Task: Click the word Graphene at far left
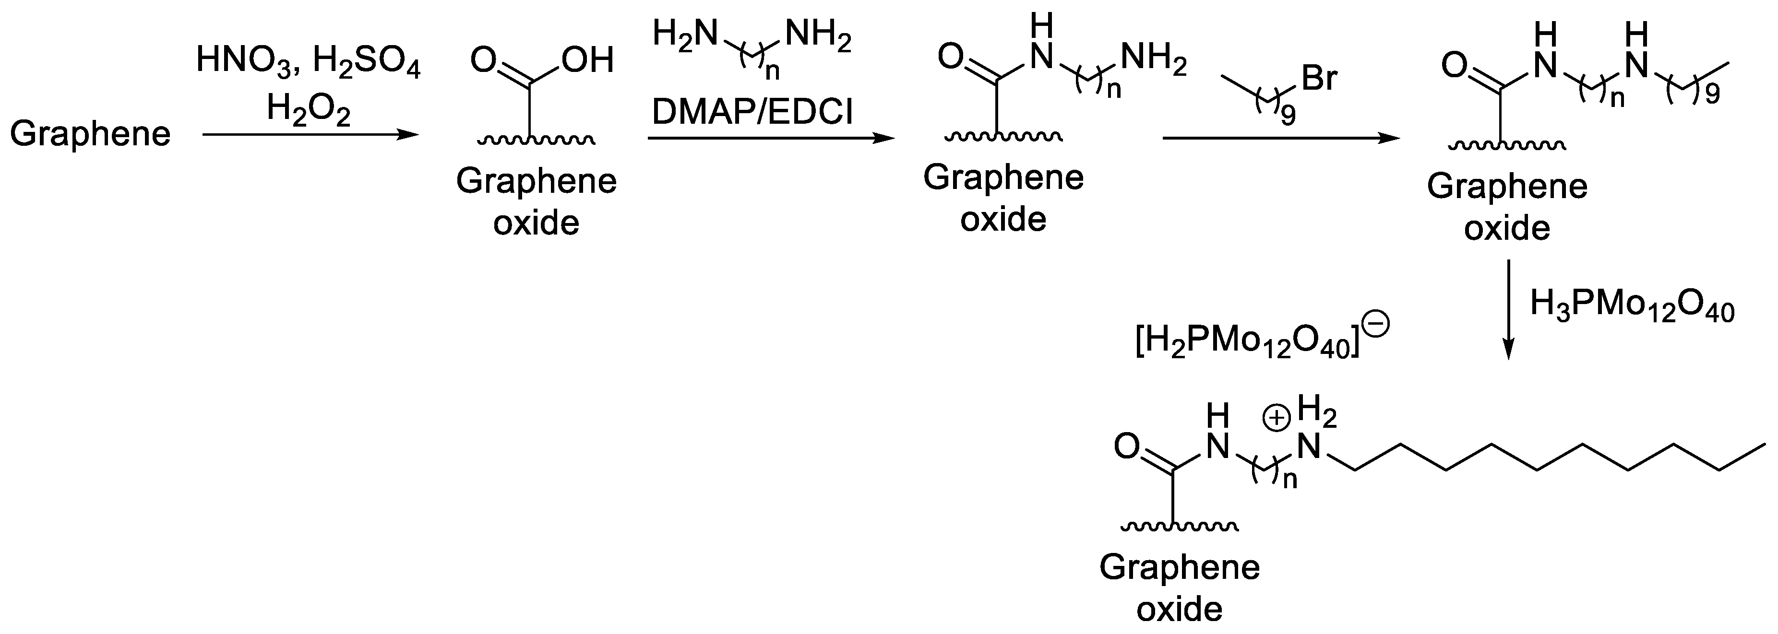tap(90, 133)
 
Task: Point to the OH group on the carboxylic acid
tap(587, 61)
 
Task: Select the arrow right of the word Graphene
tap(310, 135)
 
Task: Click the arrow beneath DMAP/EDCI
tap(771, 139)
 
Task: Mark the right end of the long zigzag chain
tap(1766, 445)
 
